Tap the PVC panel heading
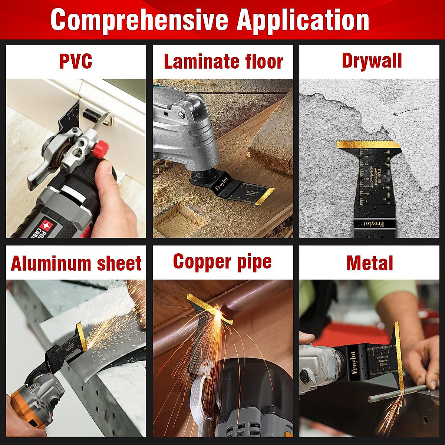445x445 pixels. coord(76,61)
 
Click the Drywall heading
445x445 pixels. coord(372,61)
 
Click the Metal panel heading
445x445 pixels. coord(370,263)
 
